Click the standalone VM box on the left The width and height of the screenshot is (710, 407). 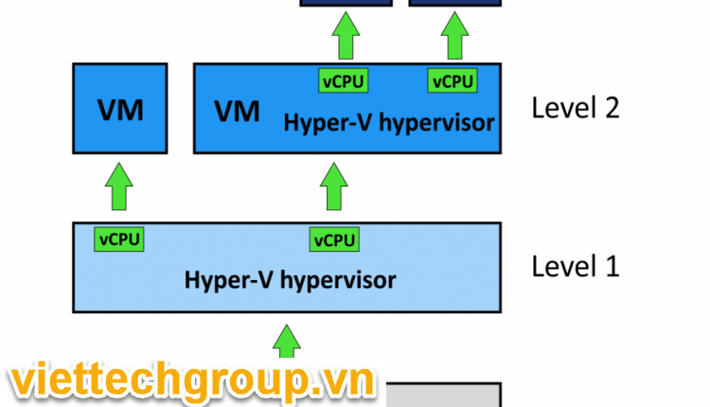click(x=120, y=108)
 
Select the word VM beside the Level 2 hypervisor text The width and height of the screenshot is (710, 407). click(x=237, y=112)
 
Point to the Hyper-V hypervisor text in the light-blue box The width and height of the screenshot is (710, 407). click(x=290, y=279)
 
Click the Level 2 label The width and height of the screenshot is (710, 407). click(x=576, y=107)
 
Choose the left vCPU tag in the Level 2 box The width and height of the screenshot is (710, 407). click(x=343, y=81)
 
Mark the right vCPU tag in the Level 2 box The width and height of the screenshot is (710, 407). click(x=453, y=81)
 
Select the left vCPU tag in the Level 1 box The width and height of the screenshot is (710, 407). click(x=118, y=239)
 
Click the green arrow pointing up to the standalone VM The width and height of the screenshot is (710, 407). click(x=119, y=186)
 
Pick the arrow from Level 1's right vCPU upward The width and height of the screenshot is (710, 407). click(x=333, y=186)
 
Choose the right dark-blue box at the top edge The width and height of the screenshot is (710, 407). click(x=453, y=4)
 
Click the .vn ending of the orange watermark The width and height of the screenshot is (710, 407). click(x=345, y=382)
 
